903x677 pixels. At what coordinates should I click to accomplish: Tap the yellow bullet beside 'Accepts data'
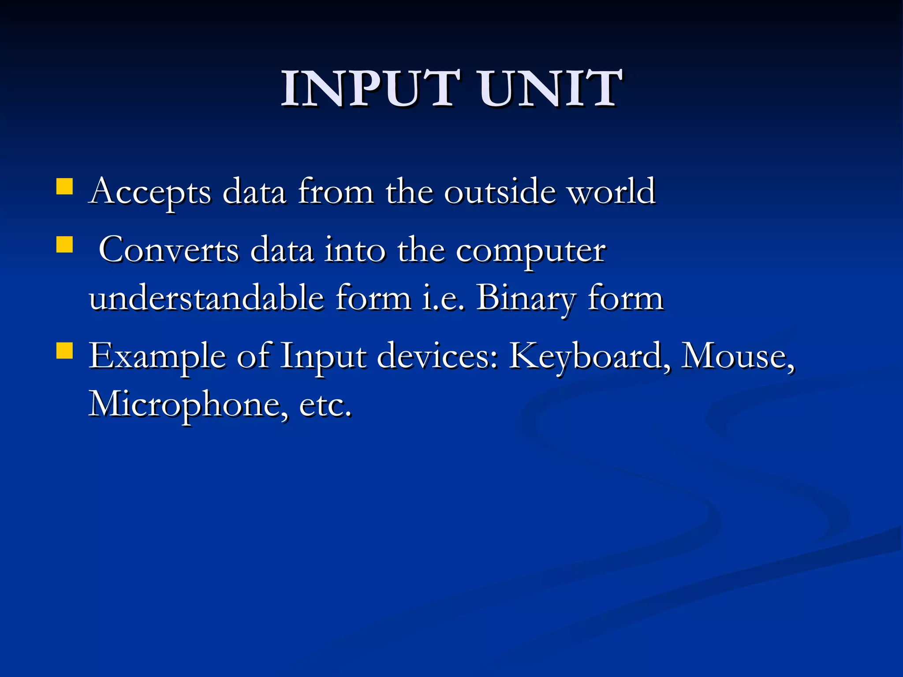coord(64,186)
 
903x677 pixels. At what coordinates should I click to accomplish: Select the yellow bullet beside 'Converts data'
coord(64,245)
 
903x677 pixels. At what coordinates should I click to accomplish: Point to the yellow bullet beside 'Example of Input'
coord(64,351)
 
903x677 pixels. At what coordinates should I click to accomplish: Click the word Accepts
coord(150,192)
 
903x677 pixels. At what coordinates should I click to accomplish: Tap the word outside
coord(500,192)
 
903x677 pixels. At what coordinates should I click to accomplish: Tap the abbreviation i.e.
coord(443,298)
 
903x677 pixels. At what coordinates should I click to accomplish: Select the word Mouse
coord(737,356)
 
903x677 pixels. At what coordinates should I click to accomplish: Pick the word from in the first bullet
coord(336,192)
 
